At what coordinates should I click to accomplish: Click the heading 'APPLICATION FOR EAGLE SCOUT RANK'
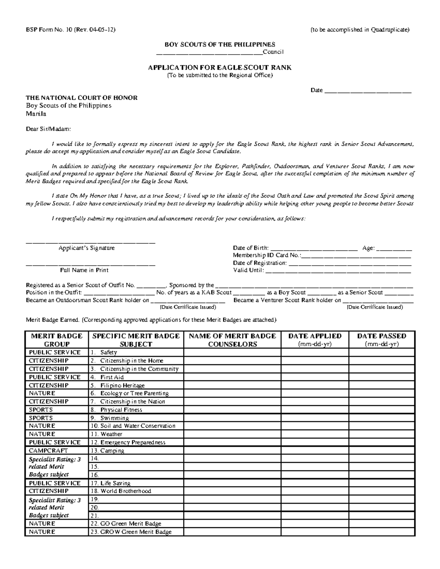coord(220,67)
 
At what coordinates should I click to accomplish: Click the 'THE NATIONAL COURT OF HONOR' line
coord(81,98)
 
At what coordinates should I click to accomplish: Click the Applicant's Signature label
coord(87,248)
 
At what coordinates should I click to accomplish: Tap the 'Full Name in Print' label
coord(84,270)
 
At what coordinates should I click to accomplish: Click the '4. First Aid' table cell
coord(136,377)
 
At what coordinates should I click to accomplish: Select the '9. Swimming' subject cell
coord(136,418)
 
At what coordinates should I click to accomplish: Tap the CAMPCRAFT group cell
coord(56,451)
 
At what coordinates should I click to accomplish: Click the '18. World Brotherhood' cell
coord(136,491)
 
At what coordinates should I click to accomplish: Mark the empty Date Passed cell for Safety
coord(381,352)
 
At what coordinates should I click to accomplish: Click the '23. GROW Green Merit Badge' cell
coord(136,532)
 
